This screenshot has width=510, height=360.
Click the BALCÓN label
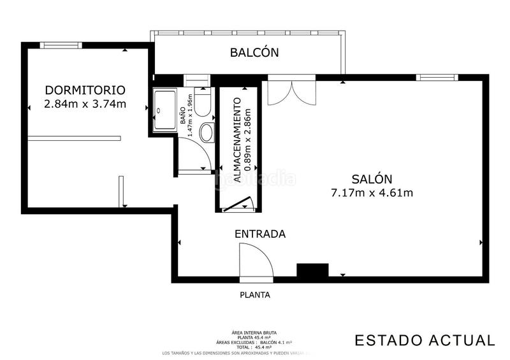coord(254,53)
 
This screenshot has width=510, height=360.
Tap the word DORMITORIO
coord(85,90)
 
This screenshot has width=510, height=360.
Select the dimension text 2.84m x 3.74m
coord(85,104)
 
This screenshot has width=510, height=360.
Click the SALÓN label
coord(372,179)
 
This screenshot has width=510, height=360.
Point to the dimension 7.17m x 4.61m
coord(372,193)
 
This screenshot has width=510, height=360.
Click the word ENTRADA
coord(259,234)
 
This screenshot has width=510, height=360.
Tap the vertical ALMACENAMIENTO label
coord(237,141)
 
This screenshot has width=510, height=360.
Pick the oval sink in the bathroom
coord(207,133)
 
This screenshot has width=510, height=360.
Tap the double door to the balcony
coord(290,93)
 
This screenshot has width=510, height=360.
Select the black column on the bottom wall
coord(312,271)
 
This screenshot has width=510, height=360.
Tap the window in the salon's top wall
coord(437,78)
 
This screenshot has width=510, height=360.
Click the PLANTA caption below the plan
coord(254,295)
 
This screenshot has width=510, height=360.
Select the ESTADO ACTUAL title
coord(424,340)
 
